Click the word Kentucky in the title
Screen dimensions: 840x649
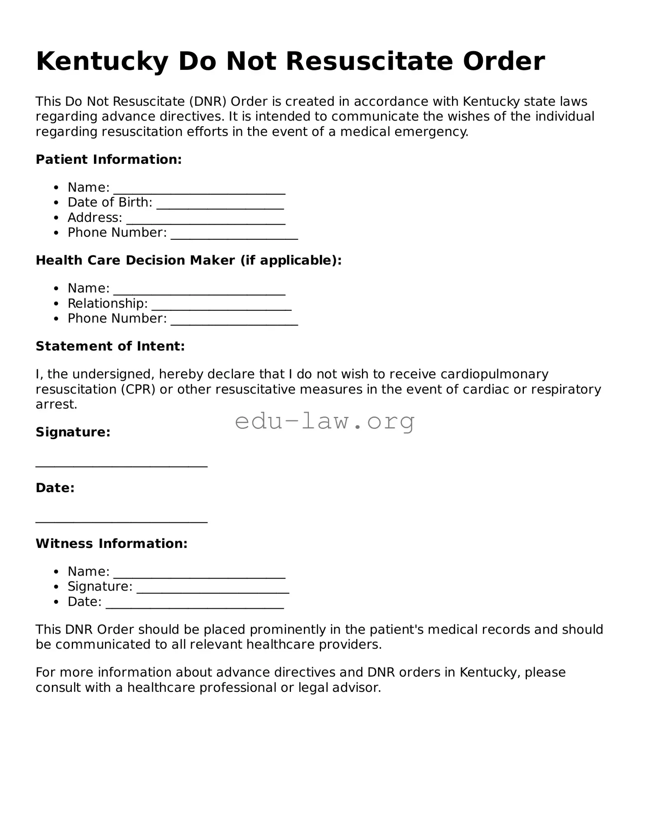coord(102,62)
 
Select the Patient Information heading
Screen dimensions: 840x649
coord(109,159)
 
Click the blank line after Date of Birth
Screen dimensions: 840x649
coord(220,207)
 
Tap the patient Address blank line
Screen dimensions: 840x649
coord(206,222)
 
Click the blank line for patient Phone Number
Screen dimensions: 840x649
coord(234,237)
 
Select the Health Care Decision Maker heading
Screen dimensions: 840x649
coord(189,260)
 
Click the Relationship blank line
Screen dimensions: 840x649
coord(222,308)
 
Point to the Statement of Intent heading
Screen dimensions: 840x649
coord(110,346)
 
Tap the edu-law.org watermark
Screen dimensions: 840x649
coord(324,421)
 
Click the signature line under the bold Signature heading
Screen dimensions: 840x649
coord(121,465)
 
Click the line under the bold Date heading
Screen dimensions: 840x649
coord(121,521)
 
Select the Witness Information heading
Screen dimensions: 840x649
coord(112,543)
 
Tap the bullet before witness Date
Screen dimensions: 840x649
coord(57,602)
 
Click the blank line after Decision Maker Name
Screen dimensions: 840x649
coord(199,292)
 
